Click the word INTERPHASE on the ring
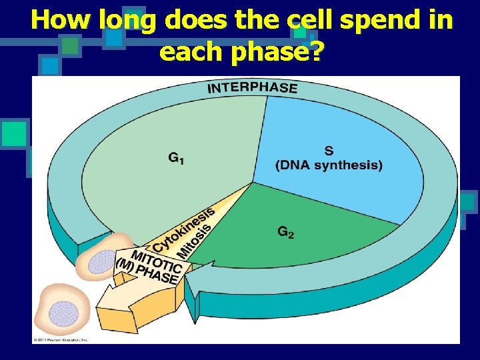(x=253, y=87)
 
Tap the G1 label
(x=177, y=159)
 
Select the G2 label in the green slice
(x=286, y=232)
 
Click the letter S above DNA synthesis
(x=329, y=151)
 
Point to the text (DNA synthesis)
(x=329, y=165)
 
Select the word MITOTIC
(x=157, y=261)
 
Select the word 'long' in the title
(x=128, y=21)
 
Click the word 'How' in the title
(x=62, y=21)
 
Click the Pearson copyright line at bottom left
(x=61, y=340)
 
